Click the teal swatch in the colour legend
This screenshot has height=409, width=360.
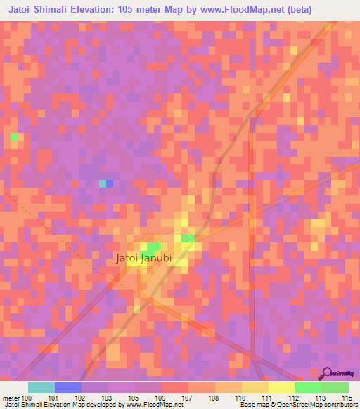tap(41, 387)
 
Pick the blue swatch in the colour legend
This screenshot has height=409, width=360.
tap(68, 387)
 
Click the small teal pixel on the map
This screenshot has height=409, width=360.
tap(103, 183)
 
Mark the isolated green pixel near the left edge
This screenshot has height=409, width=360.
tap(14, 136)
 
